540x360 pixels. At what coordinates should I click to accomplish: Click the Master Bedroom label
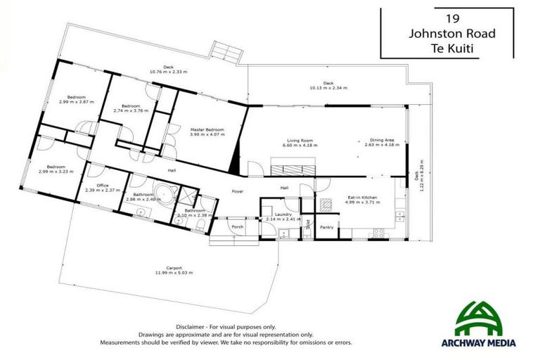tap(206, 129)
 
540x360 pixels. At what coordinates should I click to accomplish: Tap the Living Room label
tap(300, 141)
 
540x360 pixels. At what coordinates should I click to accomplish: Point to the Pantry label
tap(326, 227)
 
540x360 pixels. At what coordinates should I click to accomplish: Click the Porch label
tap(238, 226)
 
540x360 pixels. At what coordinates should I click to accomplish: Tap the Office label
tap(102, 186)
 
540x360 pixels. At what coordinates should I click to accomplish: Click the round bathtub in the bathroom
tap(165, 193)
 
